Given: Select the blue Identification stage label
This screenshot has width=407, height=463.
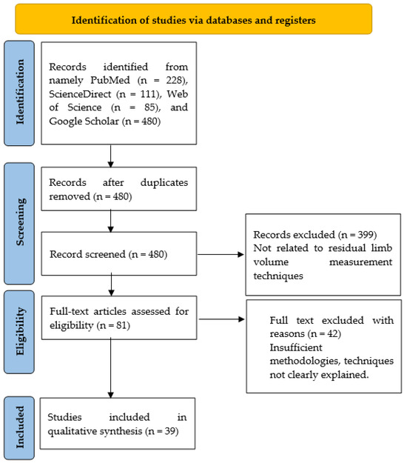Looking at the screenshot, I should (20, 107).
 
